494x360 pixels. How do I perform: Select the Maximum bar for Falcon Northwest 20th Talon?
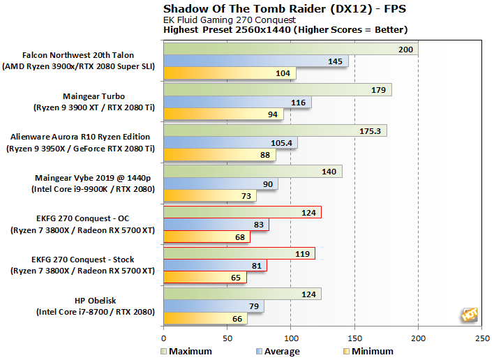tap(290, 49)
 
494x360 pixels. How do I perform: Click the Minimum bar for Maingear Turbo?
tap(223, 114)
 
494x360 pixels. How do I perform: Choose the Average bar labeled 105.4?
tap(230, 143)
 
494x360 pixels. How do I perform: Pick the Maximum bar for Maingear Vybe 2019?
tap(252, 172)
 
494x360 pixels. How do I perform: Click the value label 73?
tap(246, 196)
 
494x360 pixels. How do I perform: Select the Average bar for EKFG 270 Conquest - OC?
tap(216, 225)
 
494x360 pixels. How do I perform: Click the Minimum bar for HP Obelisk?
tap(204, 319)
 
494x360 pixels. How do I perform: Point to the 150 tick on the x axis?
tap(354, 338)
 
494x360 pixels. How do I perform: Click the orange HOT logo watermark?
tap(469, 315)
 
